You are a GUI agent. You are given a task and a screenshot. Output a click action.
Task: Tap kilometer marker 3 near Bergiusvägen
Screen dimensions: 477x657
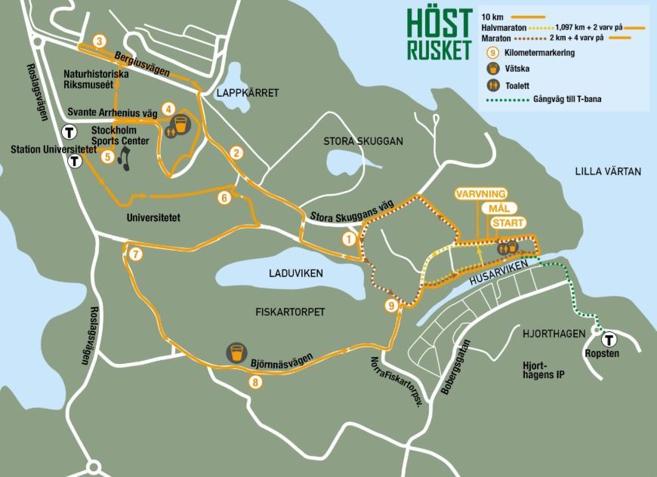pos(97,41)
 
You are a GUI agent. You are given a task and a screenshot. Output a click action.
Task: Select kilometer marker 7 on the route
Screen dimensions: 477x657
pos(135,254)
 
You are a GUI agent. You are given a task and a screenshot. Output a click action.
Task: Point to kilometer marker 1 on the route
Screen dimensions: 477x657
pos(348,239)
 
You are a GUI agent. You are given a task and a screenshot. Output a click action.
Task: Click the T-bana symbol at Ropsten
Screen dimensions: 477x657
pos(606,340)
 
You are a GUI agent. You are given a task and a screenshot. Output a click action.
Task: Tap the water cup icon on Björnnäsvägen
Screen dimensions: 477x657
pos(236,352)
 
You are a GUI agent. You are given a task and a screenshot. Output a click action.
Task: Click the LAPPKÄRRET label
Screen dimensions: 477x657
pos(247,93)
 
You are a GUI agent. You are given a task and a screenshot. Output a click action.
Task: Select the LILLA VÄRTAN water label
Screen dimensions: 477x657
pos(607,171)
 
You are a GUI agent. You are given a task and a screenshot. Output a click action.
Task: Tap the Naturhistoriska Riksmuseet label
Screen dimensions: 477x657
pos(96,81)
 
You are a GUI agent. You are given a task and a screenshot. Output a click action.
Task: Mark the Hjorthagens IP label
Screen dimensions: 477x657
pos(544,370)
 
